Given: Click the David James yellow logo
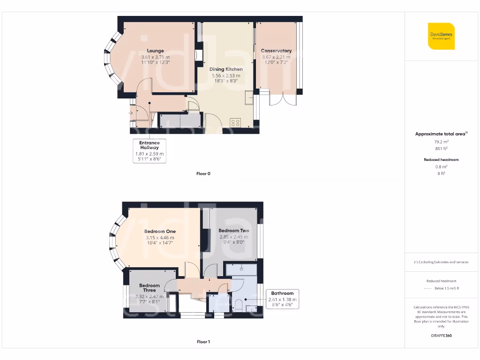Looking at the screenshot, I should pos(441,36).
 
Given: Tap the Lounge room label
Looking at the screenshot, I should pos(155,51).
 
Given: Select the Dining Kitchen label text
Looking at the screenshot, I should pos(226,69).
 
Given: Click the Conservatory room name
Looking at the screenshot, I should pos(276,51).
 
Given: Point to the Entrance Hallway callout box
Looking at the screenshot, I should pos(149,150).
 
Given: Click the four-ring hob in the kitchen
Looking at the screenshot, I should pos(235,123).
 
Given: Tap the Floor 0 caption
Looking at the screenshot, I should pos(203,174).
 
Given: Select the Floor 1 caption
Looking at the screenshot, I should pos(203,342).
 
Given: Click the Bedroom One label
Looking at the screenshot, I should pos(160,232).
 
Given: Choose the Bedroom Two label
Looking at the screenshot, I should pos(233,231).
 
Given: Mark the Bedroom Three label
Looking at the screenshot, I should pos(150,288).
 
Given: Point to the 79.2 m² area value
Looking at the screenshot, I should pos(441,142).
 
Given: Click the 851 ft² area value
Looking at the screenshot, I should pos(441,148).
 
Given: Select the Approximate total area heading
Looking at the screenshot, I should pos(441,134).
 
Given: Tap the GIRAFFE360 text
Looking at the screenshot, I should pos(441,336).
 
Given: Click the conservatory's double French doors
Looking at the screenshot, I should pos(283,101).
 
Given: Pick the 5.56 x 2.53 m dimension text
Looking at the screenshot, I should pos(226,75).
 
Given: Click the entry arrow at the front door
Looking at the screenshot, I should pos(131,112).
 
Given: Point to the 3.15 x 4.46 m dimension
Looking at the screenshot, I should pos(160,238).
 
